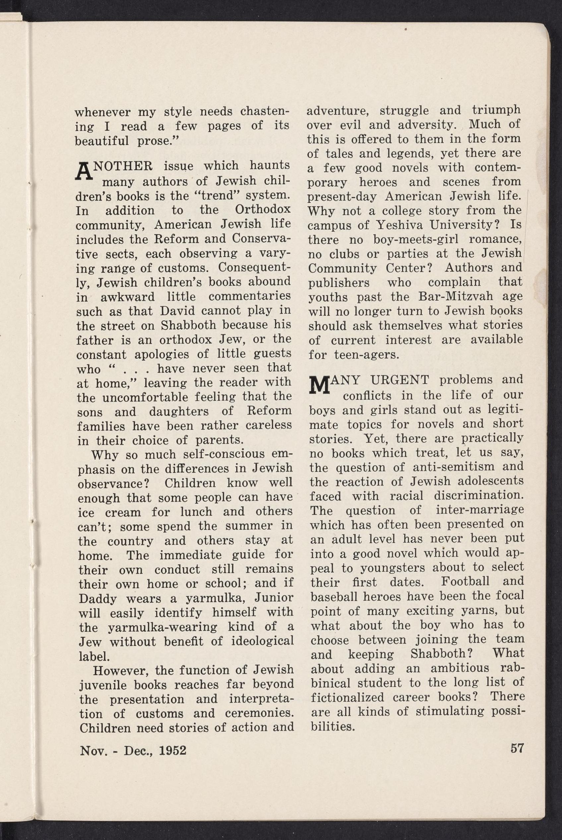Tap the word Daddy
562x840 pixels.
(x=96, y=599)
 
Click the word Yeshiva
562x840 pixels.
(x=394, y=225)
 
